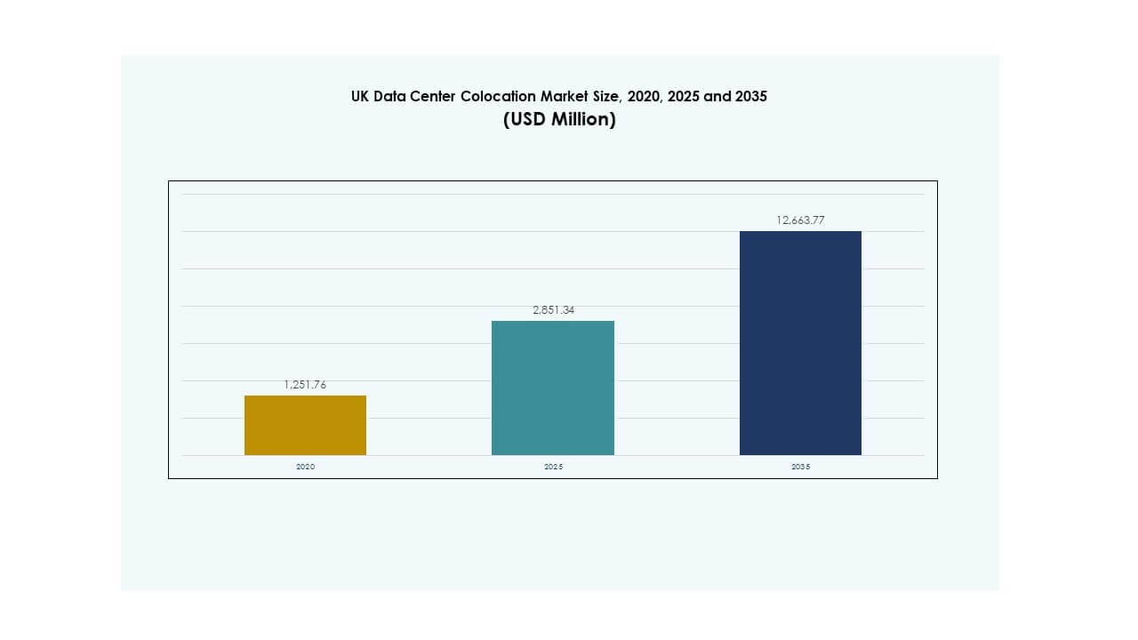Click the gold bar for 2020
(x=305, y=425)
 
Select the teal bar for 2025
(x=553, y=388)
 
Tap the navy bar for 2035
(x=800, y=343)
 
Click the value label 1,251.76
(x=305, y=385)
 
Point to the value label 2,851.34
(x=553, y=310)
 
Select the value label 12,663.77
(x=800, y=220)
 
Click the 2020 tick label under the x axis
(x=305, y=467)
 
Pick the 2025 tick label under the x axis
(x=553, y=467)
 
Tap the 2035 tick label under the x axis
(x=800, y=467)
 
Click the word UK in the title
(x=360, y=97)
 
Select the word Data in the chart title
(x=389, y=97)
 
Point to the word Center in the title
(x=433, y=97)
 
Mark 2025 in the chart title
(x=682, y=97)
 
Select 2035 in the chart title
(x=750, y=97)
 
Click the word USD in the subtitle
(x=525, y=120)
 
